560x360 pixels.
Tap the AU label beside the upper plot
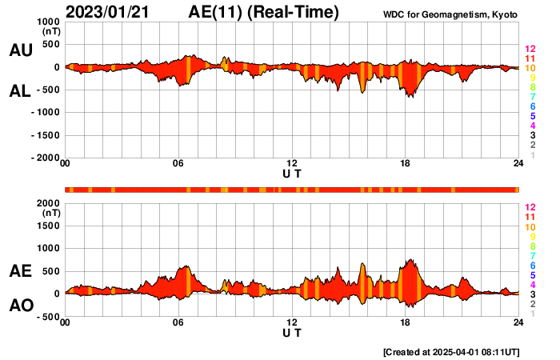point(20,50)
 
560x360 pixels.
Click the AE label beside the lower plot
point(20,271)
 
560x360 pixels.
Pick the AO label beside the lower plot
point(20,306)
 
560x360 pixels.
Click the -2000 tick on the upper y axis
point(47,158)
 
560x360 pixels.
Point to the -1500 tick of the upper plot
point(47,135)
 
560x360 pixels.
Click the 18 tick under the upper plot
point(406,164)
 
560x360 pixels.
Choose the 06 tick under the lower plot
point(178,322)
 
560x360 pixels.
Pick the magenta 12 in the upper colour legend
point(529,50)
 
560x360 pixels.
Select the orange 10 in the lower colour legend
point(529,227)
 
